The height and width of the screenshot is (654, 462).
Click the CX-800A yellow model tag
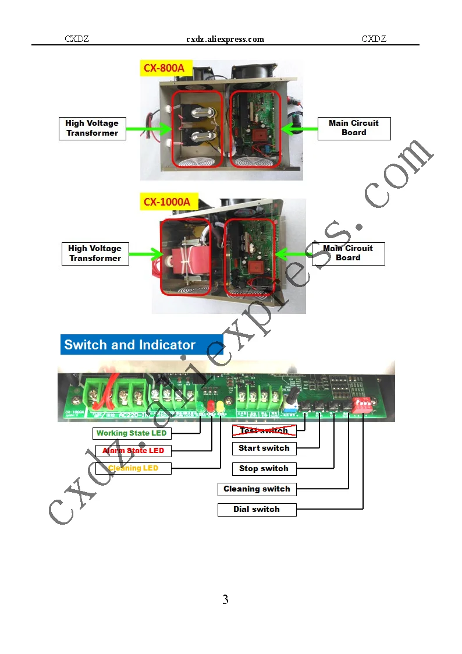click(166, 68)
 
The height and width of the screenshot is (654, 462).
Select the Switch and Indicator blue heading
click(141, 345)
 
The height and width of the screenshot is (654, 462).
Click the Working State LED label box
click(132, 433)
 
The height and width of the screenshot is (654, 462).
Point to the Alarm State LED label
click(133, 451)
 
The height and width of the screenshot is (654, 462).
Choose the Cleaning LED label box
click(133, 468)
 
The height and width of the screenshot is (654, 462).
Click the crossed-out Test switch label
click(264, 431)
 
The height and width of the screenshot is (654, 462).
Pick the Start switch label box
click(264, 448)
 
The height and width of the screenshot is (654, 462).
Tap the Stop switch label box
click(264, 469)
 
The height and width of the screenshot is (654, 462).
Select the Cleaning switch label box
click(257, 489)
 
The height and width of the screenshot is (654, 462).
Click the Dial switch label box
click(257, 510)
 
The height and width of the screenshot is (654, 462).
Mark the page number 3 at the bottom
click(225, 599)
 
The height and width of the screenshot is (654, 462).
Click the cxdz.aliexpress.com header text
click(225, 39)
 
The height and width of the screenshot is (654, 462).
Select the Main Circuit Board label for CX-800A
click(354, 128)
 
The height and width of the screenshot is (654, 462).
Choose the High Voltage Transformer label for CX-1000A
click(95, 253)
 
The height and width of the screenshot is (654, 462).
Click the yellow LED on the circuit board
click(221, 406)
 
